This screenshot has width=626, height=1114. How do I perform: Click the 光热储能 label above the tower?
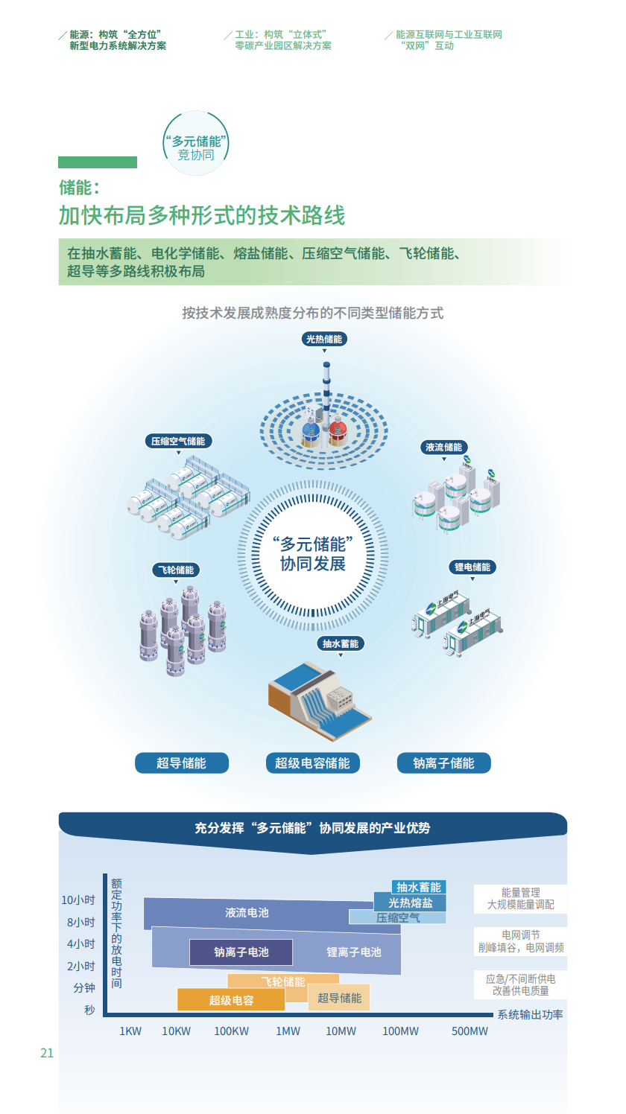point(324,339)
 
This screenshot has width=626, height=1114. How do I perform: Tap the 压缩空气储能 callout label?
point(178,441)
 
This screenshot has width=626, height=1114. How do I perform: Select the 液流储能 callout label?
point(444,447)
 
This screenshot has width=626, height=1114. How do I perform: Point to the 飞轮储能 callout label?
point(176,570)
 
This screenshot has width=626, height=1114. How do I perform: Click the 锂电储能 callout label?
point(472,567)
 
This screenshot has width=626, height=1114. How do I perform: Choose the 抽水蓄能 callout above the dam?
point(341,643)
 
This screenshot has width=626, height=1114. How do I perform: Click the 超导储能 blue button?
point(182,763)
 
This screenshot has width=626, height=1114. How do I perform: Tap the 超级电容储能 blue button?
point(312,763)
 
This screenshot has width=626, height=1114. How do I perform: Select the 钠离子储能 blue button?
point(444,763)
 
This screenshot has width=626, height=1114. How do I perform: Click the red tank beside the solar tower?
point(338,430)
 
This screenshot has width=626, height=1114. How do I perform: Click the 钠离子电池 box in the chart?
point(241,952)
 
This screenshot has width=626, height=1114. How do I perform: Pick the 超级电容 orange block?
point(231,999)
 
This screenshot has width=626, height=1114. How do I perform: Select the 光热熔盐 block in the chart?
point(410,903)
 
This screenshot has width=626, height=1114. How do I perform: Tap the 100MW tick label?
point(401,1031)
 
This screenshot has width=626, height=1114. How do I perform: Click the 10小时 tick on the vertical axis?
point(78,900)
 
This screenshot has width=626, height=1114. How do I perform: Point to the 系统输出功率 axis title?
point(531,1014)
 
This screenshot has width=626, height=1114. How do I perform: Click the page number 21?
point(47,1053)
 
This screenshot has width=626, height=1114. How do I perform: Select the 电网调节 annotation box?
point(520,941)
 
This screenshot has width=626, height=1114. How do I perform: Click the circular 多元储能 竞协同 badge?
point(196,143)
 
